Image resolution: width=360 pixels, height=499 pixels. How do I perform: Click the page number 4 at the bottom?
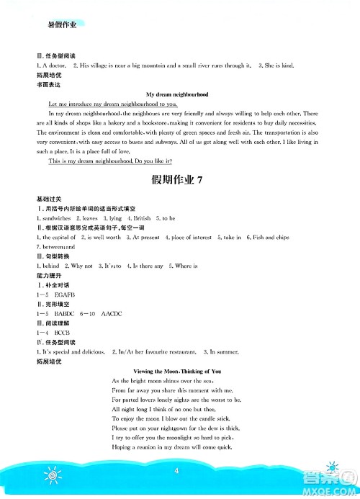tap(176, 472)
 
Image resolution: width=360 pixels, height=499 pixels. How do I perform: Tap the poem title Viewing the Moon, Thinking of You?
tap(176, 371)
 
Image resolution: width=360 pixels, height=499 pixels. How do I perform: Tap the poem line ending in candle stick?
tap(175, 418)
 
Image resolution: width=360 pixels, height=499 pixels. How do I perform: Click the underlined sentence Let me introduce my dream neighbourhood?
tap(117, 104)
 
